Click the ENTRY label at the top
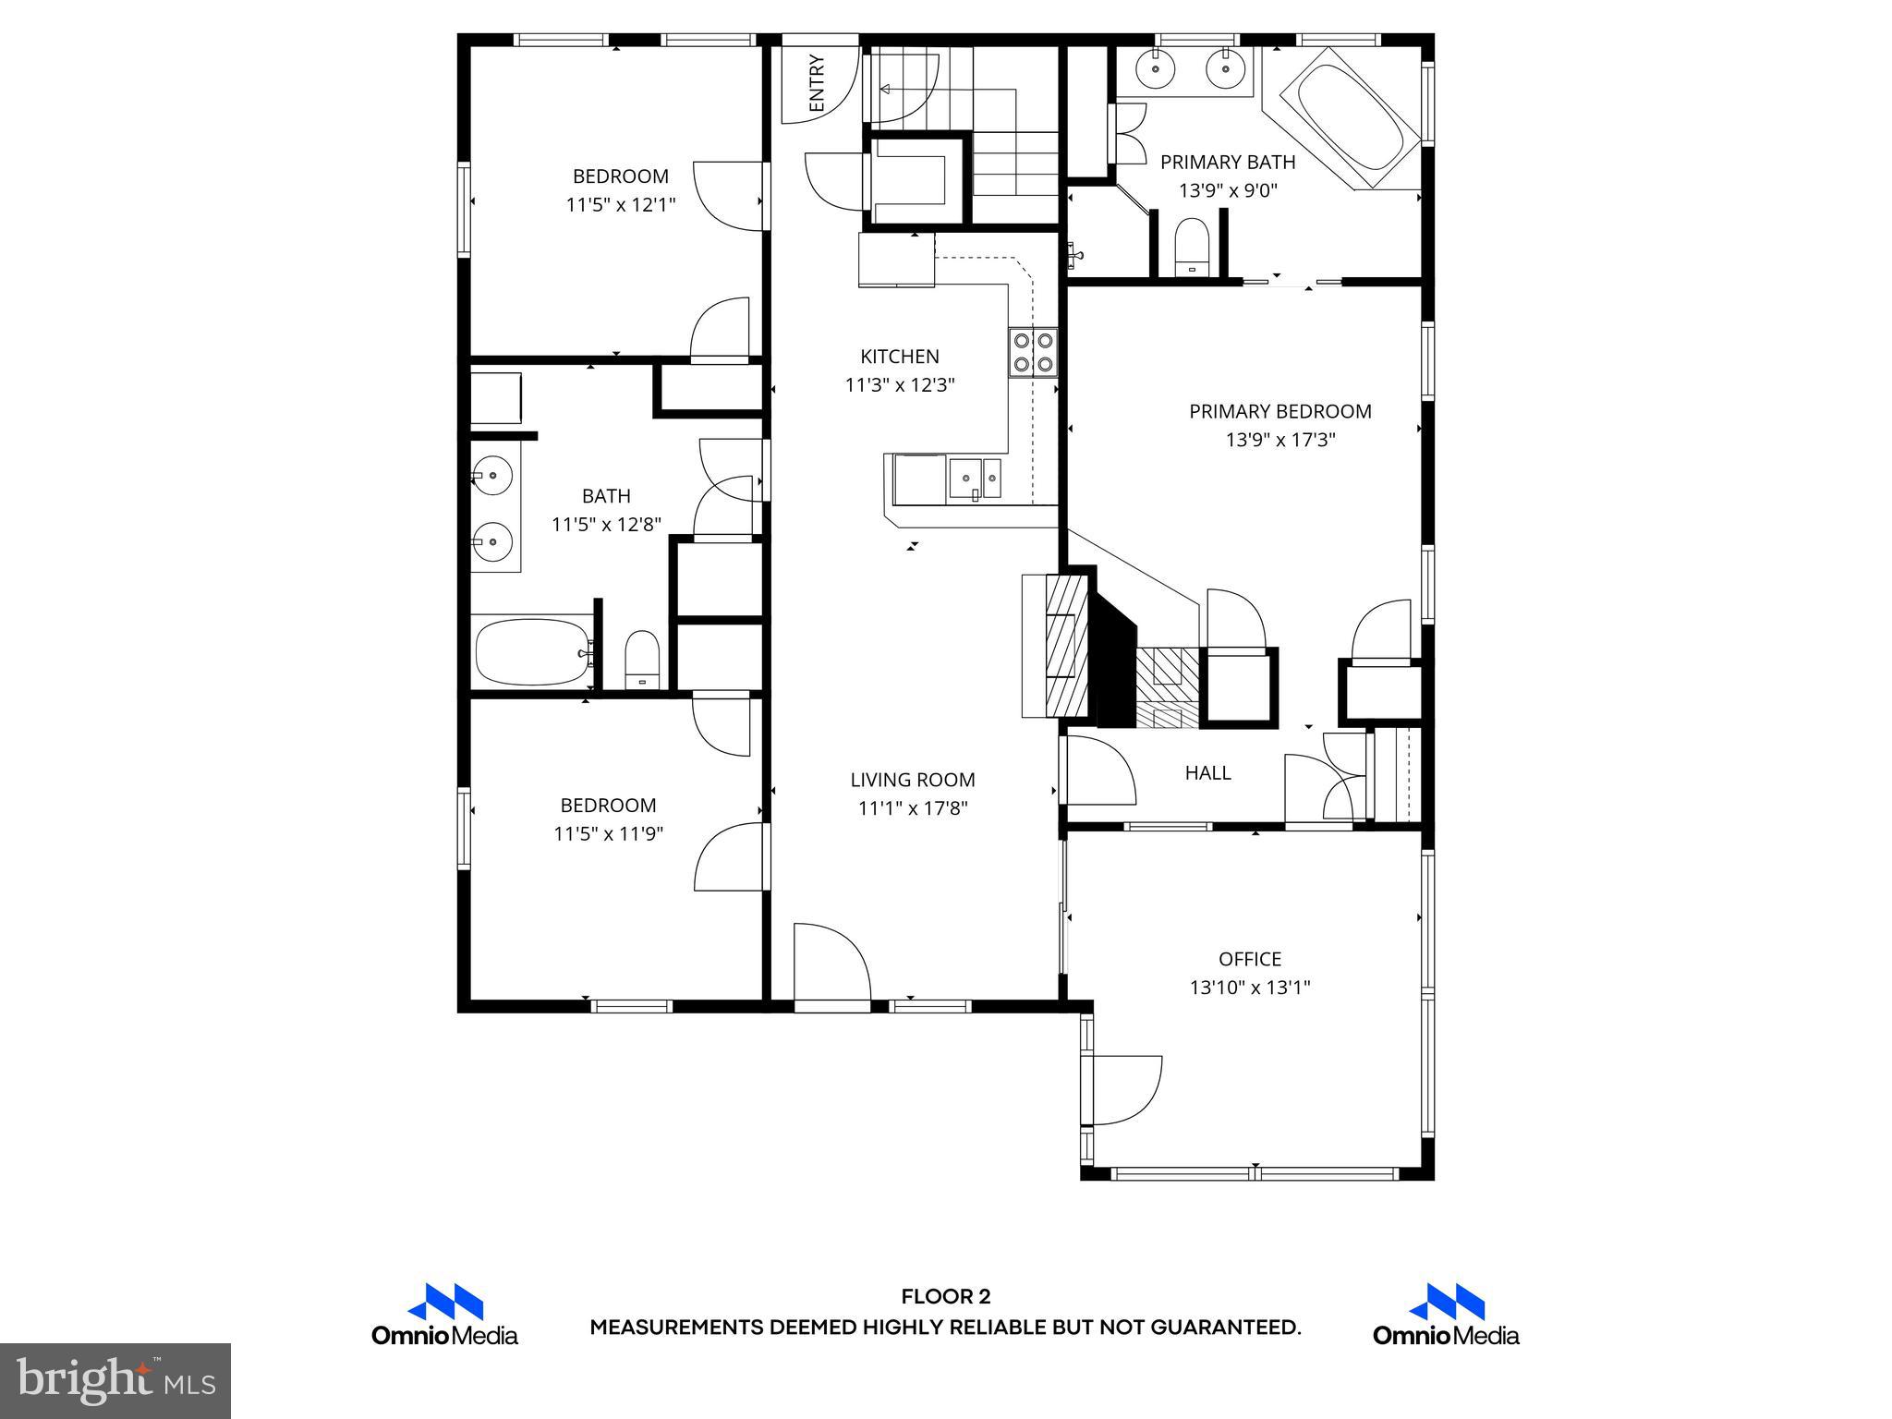pos(817,84)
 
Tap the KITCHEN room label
pos(899,357)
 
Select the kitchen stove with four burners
pos(1032,352)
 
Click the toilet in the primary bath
pos(1191,248)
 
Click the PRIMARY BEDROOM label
pos(1280,412)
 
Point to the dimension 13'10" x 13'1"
pos(1249,988)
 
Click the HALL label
pos(1207,773)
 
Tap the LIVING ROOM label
pos(912,780)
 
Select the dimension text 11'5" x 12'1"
pos(620,204)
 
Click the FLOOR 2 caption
pos(945,1297)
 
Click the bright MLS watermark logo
pos(115,1380)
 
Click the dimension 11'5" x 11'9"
pos(608,834)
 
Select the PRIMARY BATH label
pos(1227,163)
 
